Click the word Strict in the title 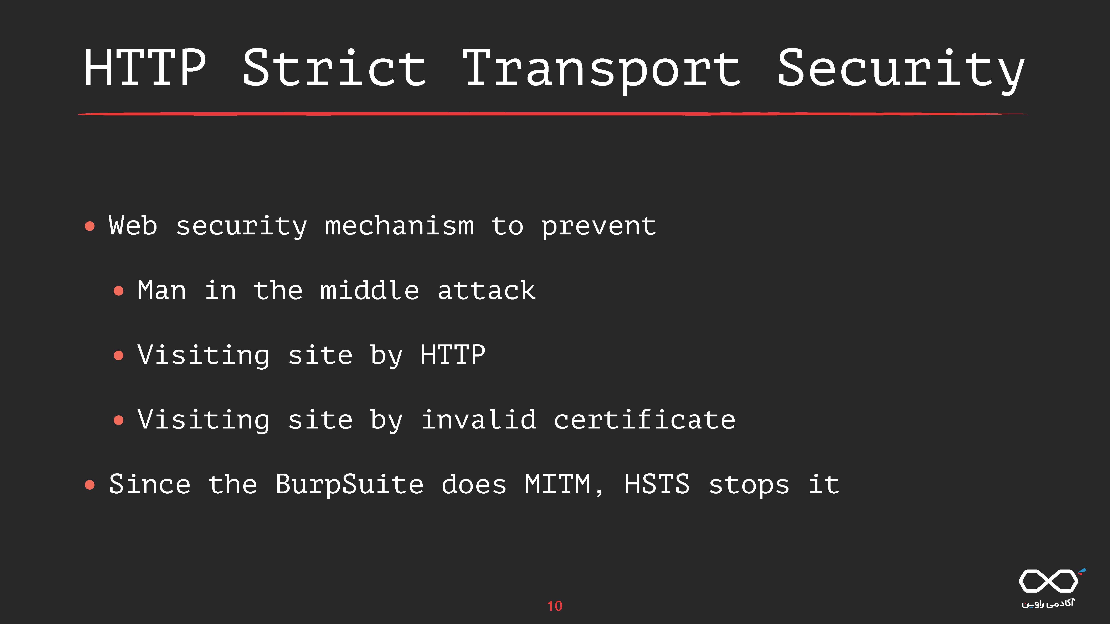(334, 68)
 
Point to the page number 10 (555, 606)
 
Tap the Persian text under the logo (1048, 603)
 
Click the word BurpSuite (349, 484)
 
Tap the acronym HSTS (657, 484)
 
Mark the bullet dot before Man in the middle (118, 291)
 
